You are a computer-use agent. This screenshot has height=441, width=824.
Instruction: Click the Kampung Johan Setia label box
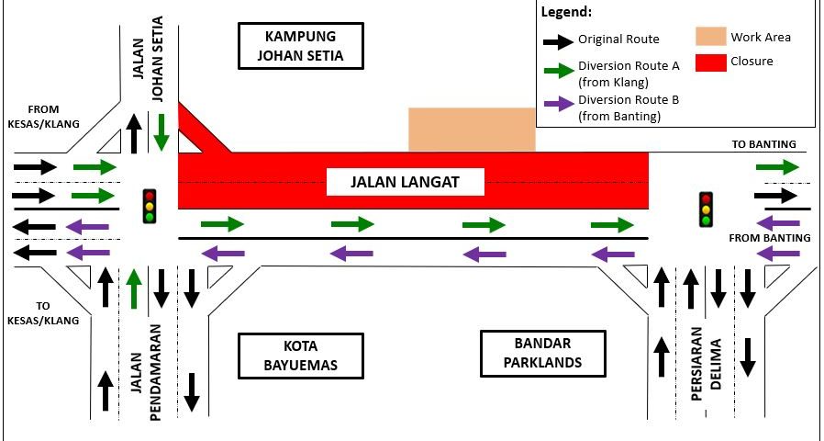[301, 46]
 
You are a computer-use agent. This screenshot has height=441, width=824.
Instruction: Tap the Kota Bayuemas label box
[301, 356]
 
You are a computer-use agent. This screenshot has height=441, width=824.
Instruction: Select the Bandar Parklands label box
[543, 354]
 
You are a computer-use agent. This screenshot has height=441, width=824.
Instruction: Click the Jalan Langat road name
[406, 182]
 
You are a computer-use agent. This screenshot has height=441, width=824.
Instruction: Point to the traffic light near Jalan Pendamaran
[150, 206]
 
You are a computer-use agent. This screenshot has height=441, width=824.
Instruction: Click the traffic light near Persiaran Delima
[706, 209]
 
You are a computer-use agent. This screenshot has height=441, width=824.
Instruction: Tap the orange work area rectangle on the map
[472, 130]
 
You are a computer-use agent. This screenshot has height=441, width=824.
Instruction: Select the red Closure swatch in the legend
[711, 62]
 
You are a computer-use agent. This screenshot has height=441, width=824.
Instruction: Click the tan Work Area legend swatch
[711, 37]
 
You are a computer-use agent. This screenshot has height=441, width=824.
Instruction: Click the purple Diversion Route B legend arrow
[559, 103]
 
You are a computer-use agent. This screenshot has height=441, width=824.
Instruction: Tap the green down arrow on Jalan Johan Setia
[161, 132]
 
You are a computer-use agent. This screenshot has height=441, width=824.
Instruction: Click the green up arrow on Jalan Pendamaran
[135, 288]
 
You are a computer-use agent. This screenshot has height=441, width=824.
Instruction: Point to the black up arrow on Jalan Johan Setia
[134, 133]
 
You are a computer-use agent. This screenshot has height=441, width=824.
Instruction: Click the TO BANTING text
[764, 144]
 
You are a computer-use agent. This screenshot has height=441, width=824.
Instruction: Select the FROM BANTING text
[770, 238]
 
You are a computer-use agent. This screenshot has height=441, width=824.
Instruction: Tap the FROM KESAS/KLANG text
[44, 117]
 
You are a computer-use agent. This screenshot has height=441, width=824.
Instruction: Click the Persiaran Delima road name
[706, 364]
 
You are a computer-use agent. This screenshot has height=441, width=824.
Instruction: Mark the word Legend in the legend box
[566, 12]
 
